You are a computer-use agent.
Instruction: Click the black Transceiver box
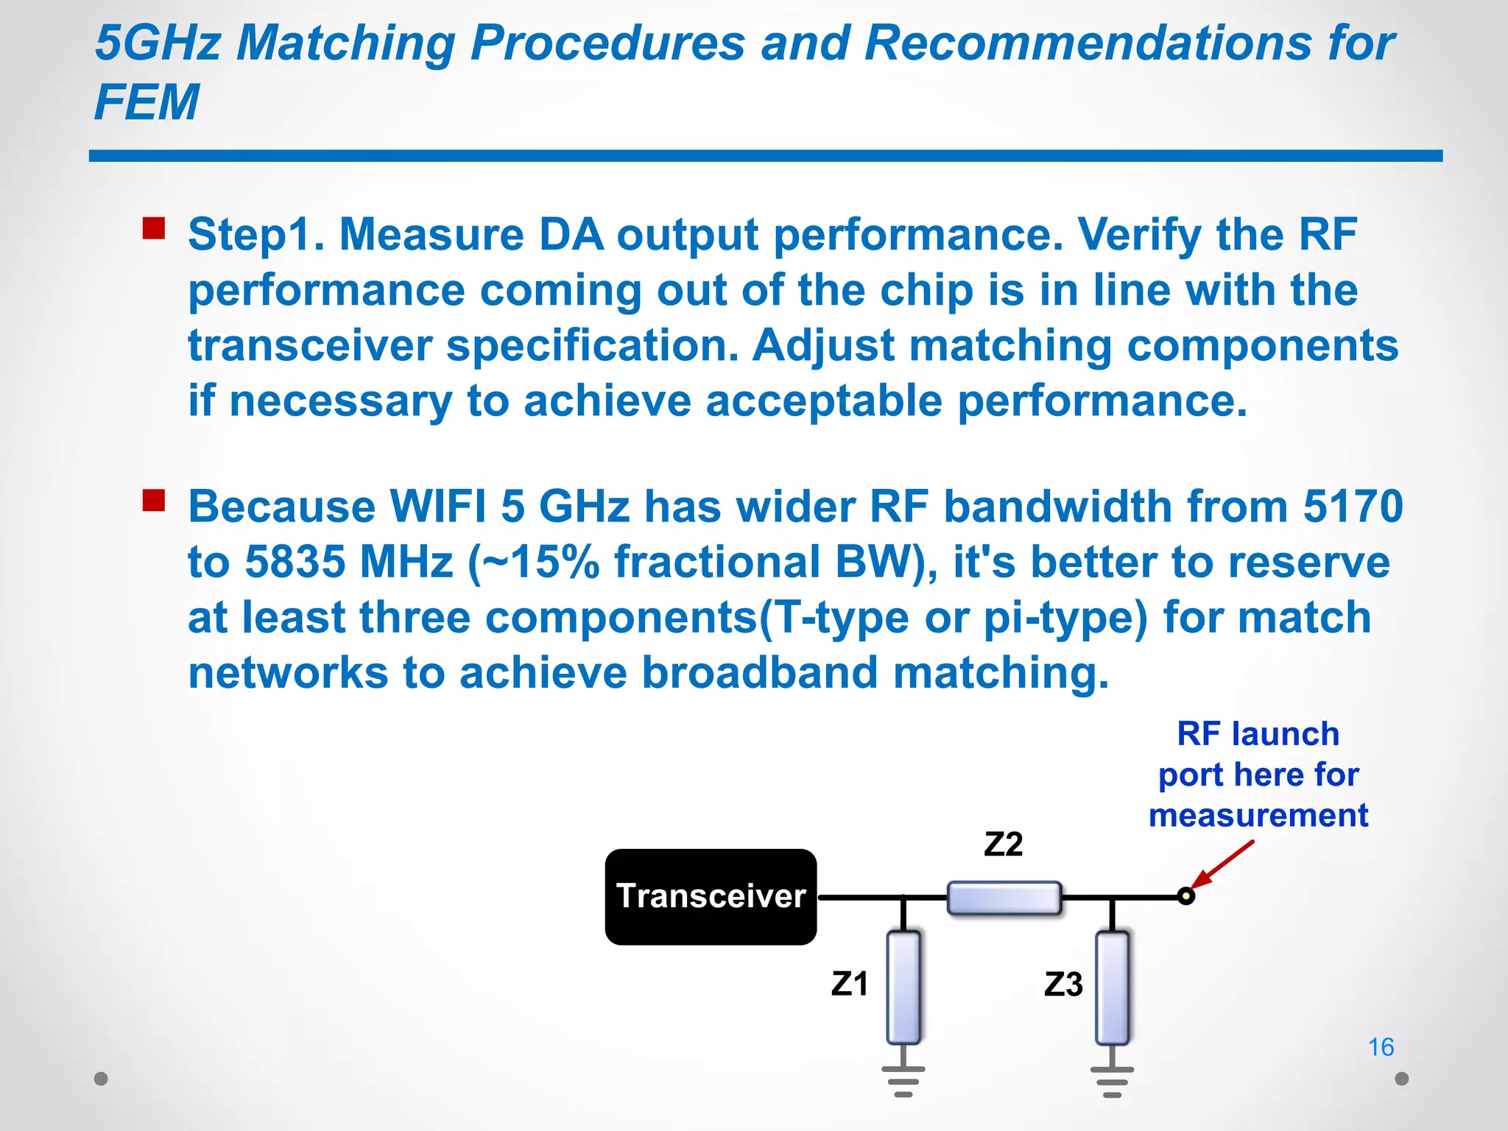pos(711,896)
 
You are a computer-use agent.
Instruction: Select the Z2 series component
pos(1004,898)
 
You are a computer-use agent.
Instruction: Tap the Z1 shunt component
pos(903,987)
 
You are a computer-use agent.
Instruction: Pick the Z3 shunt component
pos(1112,987)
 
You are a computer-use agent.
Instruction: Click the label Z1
pos(849,984)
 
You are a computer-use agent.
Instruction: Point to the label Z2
pos(1003,844)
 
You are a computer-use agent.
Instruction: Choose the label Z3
pos(1063,984)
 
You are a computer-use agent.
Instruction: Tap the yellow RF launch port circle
pos(1185,896)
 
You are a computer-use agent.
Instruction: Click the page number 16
pos(1381,1046)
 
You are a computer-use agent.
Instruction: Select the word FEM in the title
pos(147,102)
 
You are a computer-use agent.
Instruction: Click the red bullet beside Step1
pos(154,228)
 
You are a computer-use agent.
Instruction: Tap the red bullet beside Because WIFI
pos(154,501)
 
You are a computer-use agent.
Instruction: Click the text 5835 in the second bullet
pos(295,562)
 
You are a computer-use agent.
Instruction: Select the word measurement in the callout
pos(1258,815)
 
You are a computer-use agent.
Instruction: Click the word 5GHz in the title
pos(158,43)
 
